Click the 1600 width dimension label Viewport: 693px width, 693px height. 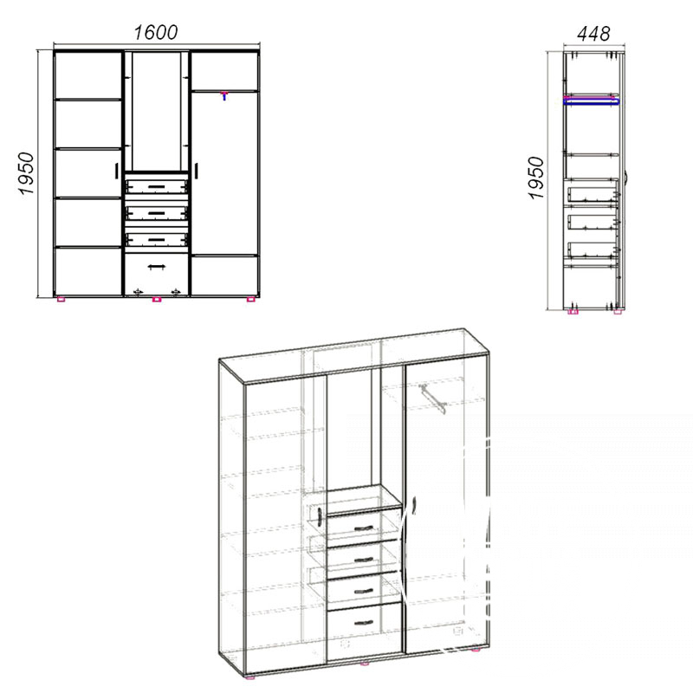[x=156, y=33]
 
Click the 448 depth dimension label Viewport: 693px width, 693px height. [x=593, y=34]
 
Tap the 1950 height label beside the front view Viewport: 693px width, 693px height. [x=26, y=173]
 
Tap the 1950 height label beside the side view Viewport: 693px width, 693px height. [x=536, y=178]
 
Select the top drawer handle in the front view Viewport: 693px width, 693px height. [x=157, y=186]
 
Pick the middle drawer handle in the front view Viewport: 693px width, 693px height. [x=157, y=213]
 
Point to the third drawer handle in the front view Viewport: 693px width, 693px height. [x=157, y=240]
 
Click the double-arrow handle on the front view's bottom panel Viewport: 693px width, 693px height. [x=157, y=267]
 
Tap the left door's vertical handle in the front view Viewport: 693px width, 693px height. [x=116, y=171]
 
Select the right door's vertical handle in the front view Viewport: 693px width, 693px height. [x=197, y=171]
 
